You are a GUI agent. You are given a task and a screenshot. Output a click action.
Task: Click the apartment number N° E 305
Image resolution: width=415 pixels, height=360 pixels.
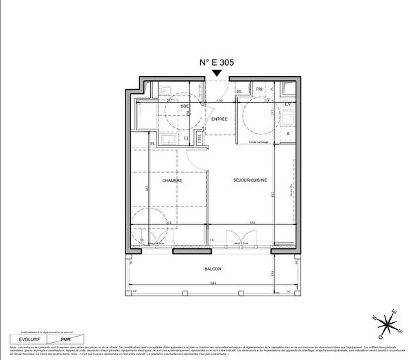click(217, 61)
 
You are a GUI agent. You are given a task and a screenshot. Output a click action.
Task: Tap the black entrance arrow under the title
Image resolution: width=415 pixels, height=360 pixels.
click(217, 73)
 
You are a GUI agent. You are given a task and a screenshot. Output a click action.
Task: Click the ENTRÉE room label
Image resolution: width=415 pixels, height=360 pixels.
click(220, 119)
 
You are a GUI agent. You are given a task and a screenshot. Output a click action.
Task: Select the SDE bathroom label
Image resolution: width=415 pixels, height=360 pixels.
click(185, 106)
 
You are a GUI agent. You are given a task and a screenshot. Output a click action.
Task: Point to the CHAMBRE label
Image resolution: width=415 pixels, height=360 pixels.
click(171, 180)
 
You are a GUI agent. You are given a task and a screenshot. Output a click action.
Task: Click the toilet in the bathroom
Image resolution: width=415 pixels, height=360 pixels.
click(167, 90)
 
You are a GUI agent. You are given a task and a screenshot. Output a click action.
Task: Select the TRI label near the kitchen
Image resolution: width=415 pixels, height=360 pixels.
click(259, 90)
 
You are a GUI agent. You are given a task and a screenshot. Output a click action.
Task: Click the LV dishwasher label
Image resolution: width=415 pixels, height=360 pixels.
click(288, 104)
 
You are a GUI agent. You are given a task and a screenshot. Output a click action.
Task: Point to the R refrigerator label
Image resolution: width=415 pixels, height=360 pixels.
click(288, 133)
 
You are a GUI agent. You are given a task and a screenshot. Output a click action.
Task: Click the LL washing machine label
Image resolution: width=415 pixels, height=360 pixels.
click(187, 139)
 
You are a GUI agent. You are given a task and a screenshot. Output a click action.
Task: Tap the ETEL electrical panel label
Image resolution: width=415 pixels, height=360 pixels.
click(200, 139)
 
